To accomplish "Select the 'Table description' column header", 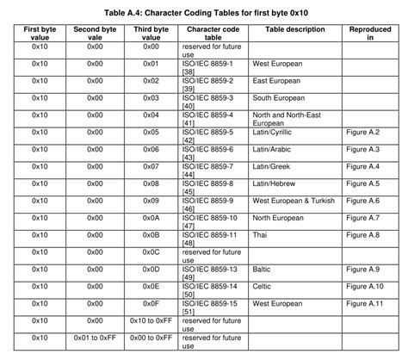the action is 295,29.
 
